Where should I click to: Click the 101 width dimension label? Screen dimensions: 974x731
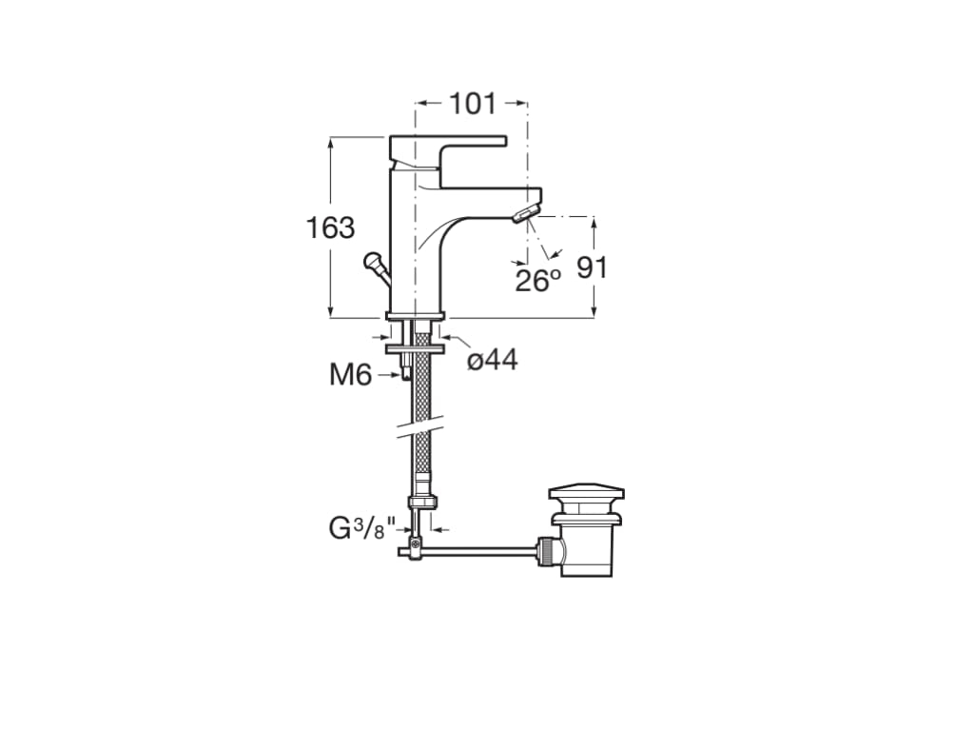pos(473,104)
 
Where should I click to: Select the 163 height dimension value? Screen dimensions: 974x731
pos(330,227)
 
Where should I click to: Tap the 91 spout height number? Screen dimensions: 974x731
pos(592,267)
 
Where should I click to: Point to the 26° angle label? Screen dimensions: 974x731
pos(538,281)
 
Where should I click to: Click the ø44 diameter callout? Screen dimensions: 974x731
pos(493,359)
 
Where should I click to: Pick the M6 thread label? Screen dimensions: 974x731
pos(350,375)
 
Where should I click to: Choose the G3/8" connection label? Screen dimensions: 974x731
pos(362,529)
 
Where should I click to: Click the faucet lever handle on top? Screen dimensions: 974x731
pos(448,159)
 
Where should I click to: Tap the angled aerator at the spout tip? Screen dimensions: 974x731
pos(525,214)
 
